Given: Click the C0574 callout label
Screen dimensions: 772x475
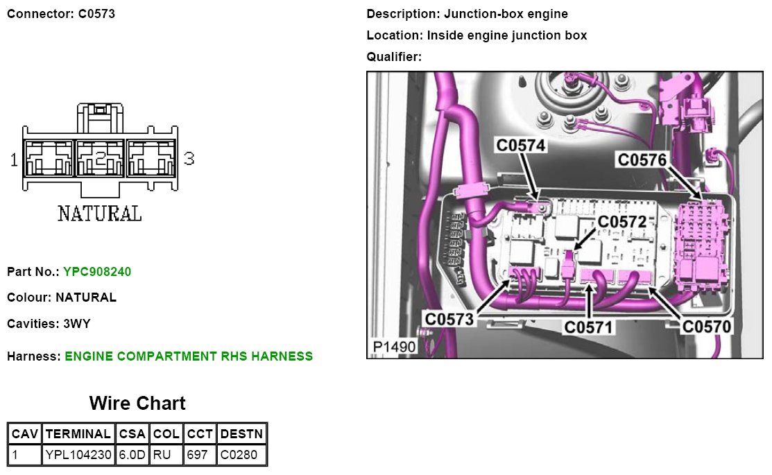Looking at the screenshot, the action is click(x=520, y=144).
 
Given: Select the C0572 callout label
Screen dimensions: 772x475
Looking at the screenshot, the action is click(x=622, y=221).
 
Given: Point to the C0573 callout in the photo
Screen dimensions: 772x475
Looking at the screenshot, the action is click(x=449, y=319).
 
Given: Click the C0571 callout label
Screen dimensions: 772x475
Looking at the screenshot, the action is click(x=589, y=326).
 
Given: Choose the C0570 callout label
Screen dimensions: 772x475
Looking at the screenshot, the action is click(x=707, y=326).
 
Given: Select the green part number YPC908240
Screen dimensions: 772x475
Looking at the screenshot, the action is click(x=97, y=272).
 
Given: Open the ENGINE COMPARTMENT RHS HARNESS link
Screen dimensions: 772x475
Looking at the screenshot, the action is click(x=189, y=356).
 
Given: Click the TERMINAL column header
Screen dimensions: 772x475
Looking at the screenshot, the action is click(x=78, y=434).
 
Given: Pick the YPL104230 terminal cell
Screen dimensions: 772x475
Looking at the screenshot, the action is click(x=78, y=455).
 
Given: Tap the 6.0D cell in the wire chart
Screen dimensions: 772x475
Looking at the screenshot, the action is click(x=132, y=455).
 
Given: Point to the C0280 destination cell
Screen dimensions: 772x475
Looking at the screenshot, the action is click(x=241, y=455).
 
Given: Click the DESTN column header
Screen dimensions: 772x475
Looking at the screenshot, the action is click(x=241, y=434).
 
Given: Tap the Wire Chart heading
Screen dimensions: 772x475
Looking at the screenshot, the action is click(x=137, y=403).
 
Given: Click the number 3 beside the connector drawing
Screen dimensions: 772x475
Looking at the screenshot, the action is click(x=189, y=159).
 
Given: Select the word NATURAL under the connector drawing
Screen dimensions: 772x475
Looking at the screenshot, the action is click(x=99, y=213).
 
